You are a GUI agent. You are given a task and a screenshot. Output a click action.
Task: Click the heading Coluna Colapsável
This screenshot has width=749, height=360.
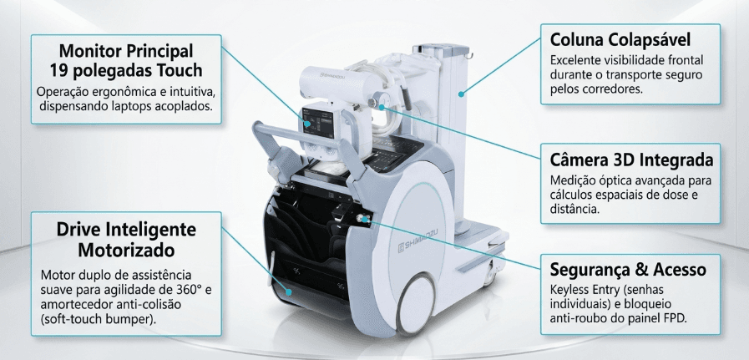pyautogui.click(x=620, y=40)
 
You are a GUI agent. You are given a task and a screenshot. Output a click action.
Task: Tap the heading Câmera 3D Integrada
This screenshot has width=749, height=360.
pyautogui.click(x=631, y=160)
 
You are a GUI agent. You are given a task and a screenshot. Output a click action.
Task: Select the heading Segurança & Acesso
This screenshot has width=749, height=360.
pyautogui.click(x=628, y=269)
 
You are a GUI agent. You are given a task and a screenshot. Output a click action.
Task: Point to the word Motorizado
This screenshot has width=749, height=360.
pyautogui.click(x=126, y=250)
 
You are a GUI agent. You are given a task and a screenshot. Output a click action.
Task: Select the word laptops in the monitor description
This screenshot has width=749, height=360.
pyautogui.click(x=138, y=105)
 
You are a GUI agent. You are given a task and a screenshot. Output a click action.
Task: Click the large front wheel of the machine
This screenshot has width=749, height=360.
pyautogui.click(x=415, y=303)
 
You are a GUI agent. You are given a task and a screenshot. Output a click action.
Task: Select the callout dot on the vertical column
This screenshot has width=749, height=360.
pyautogui.click(x=462, y=94)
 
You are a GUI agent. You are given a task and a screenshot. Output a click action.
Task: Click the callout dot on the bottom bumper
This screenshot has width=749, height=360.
pyautogui.click(x=289, y=292)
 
